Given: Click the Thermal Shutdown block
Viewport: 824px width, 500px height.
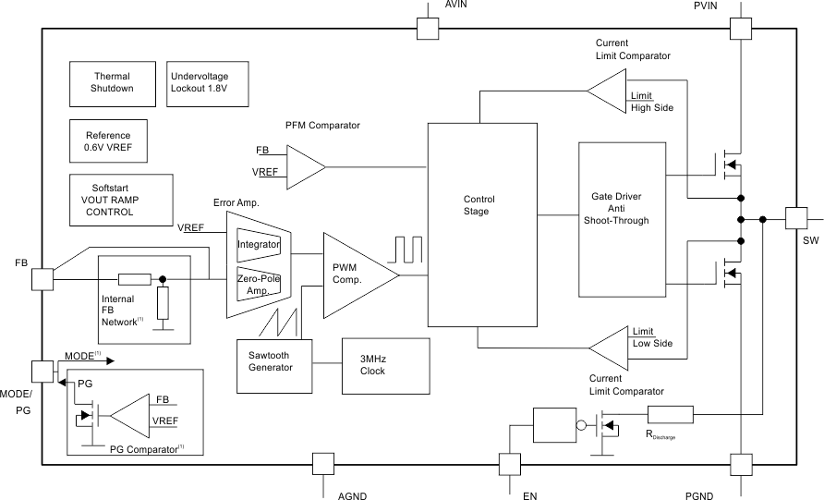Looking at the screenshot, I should click(x=112, y=82).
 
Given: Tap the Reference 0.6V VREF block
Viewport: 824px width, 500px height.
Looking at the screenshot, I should click(x=108, y=140).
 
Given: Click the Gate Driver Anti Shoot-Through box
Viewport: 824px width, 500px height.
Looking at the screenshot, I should click(x=620, y=220).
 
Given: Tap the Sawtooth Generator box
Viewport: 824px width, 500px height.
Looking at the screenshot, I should click(x=271, y=361).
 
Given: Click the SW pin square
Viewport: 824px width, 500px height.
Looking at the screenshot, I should click(x=796, y=219).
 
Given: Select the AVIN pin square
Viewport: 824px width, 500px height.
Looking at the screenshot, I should click(x=427, y=28).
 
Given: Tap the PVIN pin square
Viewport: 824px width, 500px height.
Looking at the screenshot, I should click(x=741, y=28).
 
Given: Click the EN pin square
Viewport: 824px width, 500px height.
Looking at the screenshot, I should click(x=510, y=464).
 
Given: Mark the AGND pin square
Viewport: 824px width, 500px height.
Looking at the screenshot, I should click(x=323, y=464).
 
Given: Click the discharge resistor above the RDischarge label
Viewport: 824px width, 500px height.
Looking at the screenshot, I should click(x=670, y=415).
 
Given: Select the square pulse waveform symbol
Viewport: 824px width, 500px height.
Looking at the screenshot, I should click(x=407, y=250).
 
